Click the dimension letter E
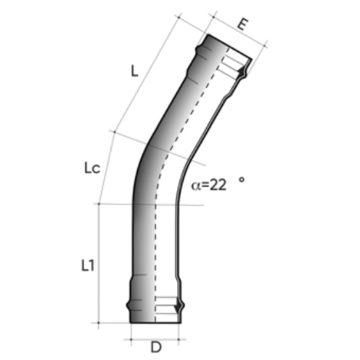point(241,24)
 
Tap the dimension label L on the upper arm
point(134,72)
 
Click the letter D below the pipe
point(155,347)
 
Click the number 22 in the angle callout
point(219,184)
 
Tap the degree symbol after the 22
point(241,179)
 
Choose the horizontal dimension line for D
point(155,335)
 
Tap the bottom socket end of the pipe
point(154,310)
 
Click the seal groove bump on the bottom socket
point(182,309)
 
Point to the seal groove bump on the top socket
point(245,72)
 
